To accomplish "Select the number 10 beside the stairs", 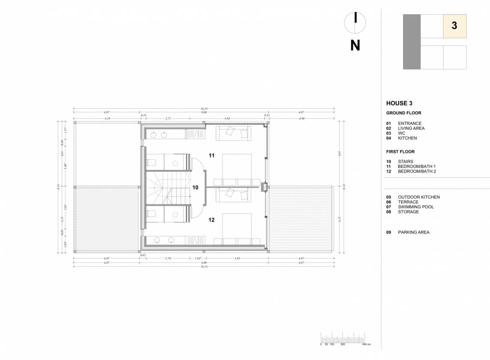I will click(x=195, y=187).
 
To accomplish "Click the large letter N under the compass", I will click(x=355, y=45).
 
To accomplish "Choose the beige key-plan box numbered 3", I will click(x=454, y=26).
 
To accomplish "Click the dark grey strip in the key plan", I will click(x=411, y=41).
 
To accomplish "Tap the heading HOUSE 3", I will click(x=400, y=103).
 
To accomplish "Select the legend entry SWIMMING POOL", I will click(x=415, y=207).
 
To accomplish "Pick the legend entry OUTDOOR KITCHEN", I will click(x=419, y=197).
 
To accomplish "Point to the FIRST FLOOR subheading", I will click(x=401, y=152).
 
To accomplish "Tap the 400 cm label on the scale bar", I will click(x=366, y=345).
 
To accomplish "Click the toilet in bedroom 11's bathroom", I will click(x=152, y=162).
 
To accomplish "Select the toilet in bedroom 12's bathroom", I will click(x=152, y=213).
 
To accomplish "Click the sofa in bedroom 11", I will click(x=233, y=133).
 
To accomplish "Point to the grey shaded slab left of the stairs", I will click(x=106, y=219).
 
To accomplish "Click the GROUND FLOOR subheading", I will click(x=404, y=113).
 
